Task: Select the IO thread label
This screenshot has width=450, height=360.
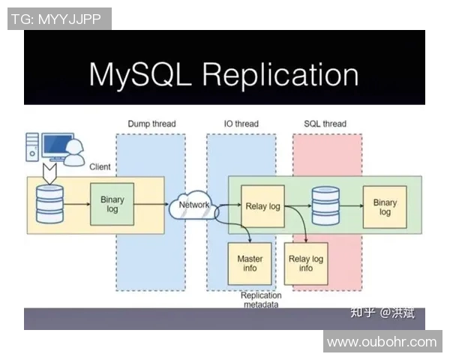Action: [241, 124]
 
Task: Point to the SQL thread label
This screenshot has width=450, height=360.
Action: [325, 124]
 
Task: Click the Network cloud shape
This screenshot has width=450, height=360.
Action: [194, 204]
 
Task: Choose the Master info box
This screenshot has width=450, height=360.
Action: [250, 263]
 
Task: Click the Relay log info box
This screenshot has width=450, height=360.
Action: [306, 263]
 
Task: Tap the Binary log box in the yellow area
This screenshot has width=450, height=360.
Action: [112, 204]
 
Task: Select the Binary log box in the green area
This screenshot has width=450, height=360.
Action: [385, 207]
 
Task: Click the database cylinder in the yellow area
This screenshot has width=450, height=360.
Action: [50, 205]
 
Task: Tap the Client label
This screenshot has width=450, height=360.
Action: [100, 166]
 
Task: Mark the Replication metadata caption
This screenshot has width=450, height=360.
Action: [261, 300]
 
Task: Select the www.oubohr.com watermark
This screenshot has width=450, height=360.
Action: [382, 342]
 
